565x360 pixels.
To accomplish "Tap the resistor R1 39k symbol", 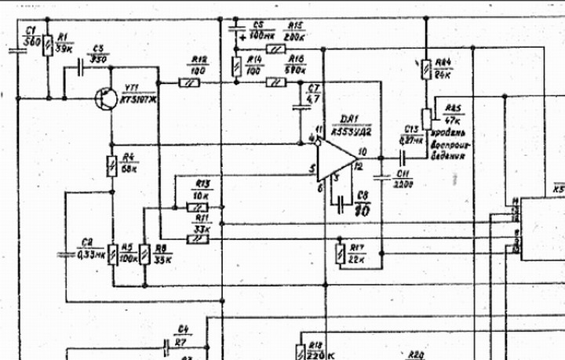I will [48, 45].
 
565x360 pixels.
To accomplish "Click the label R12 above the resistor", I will [199, 60].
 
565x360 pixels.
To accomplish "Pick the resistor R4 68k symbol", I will [111, 165].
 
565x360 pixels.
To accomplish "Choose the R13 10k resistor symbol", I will [196, 208].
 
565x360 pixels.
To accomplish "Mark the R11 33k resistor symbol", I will [198, 237].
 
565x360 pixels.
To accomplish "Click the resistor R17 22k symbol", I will [339, 253].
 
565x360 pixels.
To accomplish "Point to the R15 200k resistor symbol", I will [275, 49].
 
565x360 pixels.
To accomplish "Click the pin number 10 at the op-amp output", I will [363, 151].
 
